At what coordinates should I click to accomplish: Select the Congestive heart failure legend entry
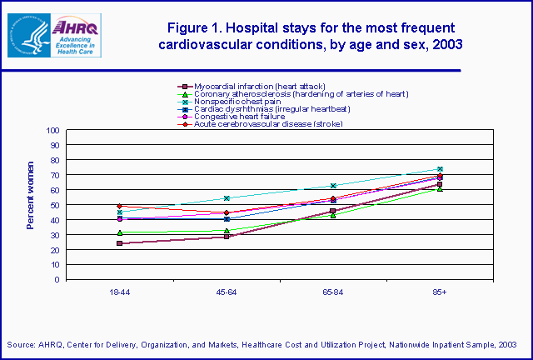coord(242,116)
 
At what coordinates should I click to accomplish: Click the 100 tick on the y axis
coord(53,131)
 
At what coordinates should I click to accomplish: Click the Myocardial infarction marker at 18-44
coord(120,243)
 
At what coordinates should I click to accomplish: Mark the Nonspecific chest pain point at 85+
coord(440,169)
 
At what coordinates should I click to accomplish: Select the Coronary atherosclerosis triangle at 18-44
coord(120,232)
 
